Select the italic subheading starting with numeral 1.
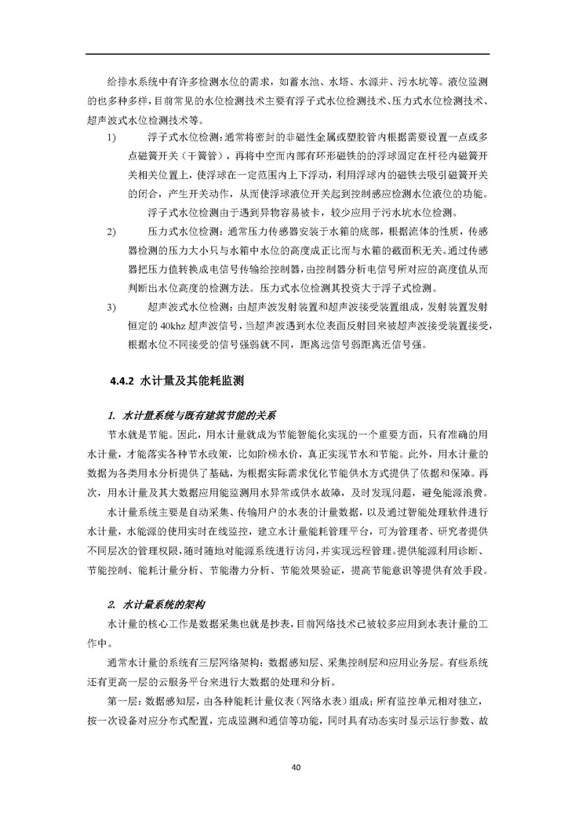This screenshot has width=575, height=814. click(192, 413)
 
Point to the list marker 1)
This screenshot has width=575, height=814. click(111, 137)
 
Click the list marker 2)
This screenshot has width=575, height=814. click(111, 232)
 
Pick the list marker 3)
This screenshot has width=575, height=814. click(111, 308)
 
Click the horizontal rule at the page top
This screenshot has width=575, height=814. click(287, 54)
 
